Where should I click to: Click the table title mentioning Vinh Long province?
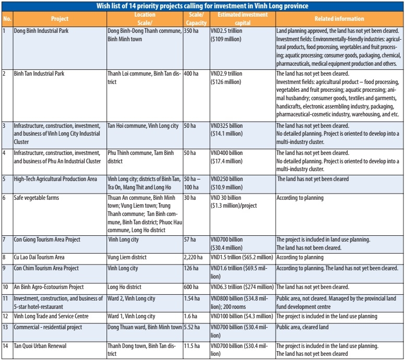[202, 6]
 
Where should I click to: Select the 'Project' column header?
[59, 19]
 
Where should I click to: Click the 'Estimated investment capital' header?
[242, 19]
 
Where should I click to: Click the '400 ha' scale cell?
[193, 74]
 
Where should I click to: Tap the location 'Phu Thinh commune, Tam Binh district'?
[144, 157]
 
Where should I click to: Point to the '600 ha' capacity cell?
[191, 287]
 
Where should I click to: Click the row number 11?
[6, 298]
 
